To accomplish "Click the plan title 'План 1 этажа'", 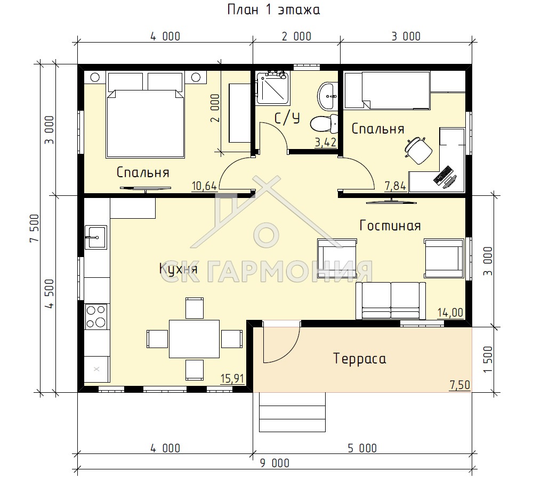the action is pos(273,10).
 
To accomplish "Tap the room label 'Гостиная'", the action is pos(390,226).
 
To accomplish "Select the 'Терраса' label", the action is pos(360,359).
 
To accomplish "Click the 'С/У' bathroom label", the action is pos(287,118).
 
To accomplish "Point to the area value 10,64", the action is pos(204,186).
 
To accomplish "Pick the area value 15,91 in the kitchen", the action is pos(232,378).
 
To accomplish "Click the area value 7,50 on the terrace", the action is pos(460,385).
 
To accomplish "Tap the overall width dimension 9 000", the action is pos(274,463).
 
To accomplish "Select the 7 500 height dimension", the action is pos(35,228).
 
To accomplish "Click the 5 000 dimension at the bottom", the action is pos(362,449).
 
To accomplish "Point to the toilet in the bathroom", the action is pos(324,123).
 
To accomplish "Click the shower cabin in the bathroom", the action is pos(273,88).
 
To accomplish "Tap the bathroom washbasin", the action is pos(328,96).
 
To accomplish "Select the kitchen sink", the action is pos(95,237).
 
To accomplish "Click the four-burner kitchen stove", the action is pos(96,316).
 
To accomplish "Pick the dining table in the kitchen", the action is pos(194,339).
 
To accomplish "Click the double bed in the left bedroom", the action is pos(146,115).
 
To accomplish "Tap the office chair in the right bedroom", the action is pos(417,150).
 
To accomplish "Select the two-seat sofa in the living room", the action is pos(391,301).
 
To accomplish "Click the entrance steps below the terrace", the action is pos(292,412).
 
